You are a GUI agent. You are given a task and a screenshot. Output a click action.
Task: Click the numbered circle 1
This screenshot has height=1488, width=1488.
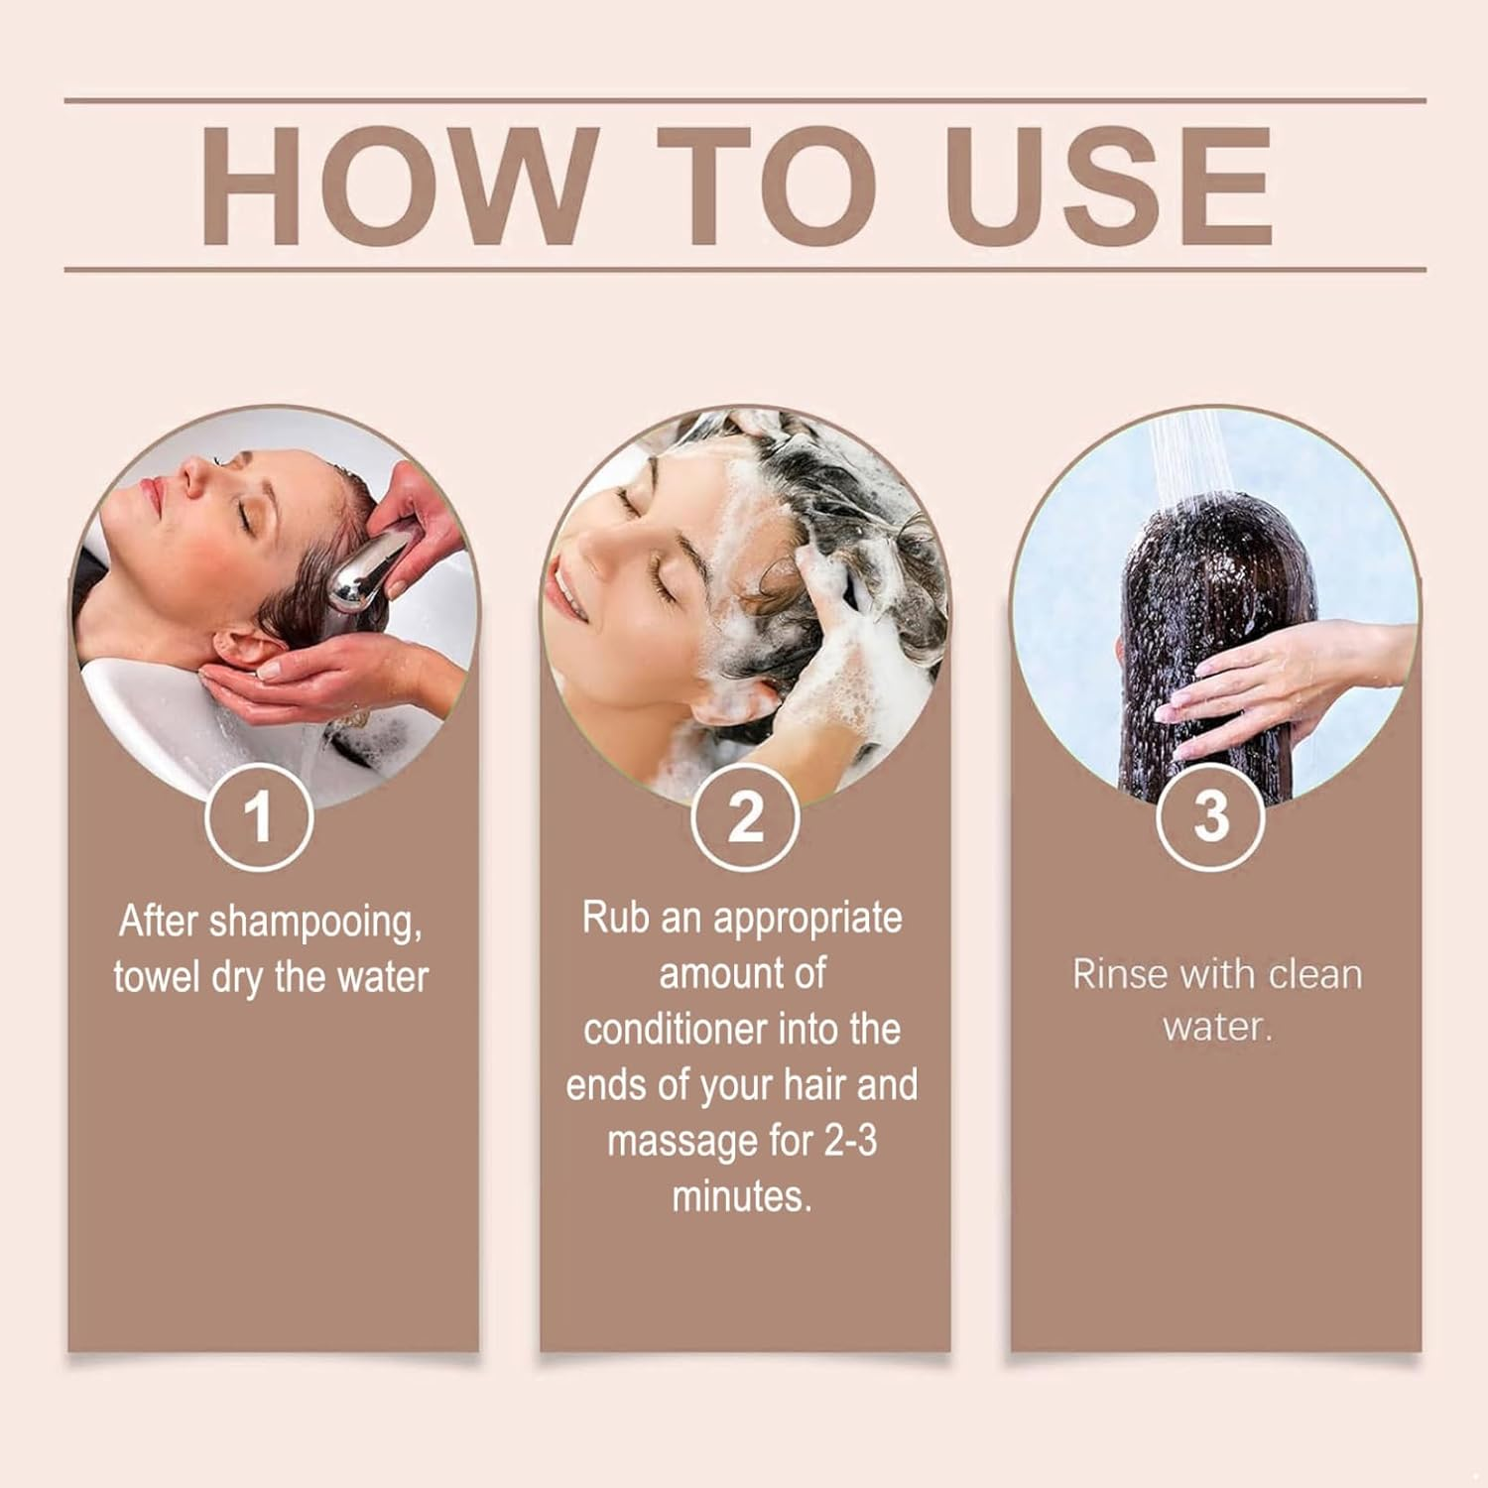pos(259,817)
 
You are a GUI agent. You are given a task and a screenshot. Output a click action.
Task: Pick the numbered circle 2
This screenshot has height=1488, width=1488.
pos(745,817)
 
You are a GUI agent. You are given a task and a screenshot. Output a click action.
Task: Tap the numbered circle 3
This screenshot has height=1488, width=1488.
pos(1210,817)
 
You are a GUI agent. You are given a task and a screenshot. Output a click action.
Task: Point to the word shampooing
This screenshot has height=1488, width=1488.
pos(315,923)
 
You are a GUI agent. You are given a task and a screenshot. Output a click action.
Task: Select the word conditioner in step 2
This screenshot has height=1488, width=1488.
pos(675,1029)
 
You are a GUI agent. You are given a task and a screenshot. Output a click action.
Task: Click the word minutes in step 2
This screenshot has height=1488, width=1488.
pos(742,1196)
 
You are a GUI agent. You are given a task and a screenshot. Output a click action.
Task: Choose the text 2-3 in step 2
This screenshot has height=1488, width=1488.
pos(850,1140)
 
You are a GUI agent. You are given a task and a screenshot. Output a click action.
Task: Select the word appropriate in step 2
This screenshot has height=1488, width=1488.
pos(807,919)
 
